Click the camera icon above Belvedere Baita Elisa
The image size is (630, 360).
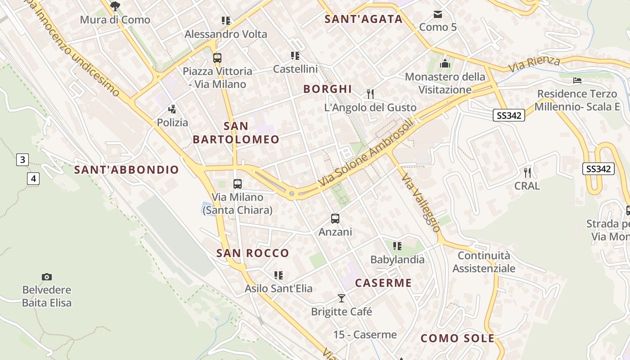pos(46,277)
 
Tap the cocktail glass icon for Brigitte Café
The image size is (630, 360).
pos(342,298)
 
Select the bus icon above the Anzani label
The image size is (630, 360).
pos(335,219)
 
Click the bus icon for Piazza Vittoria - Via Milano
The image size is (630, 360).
pos(217,58)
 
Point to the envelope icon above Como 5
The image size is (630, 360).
pos(438,14)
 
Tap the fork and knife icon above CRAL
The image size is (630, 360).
pos(527,172)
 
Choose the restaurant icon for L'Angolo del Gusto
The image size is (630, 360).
pos(370,94)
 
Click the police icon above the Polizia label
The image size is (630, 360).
pos(172,109)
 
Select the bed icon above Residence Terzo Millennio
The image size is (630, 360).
pos(577,81)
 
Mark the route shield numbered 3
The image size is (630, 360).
pos(22,159)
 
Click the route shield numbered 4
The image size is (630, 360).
pos(33,179)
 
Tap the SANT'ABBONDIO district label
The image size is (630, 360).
pos(126,170)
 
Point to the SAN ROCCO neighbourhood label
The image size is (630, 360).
pos(252,253)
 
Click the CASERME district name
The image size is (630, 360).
pos(383,283)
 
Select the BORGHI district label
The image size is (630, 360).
pos(327,89)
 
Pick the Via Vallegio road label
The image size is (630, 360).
pos(420,202)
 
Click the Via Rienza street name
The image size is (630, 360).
pos(534,64)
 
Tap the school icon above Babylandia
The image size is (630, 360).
pos(397,246)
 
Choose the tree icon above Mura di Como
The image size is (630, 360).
pos(115,6)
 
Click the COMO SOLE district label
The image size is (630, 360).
pos(457,338)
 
